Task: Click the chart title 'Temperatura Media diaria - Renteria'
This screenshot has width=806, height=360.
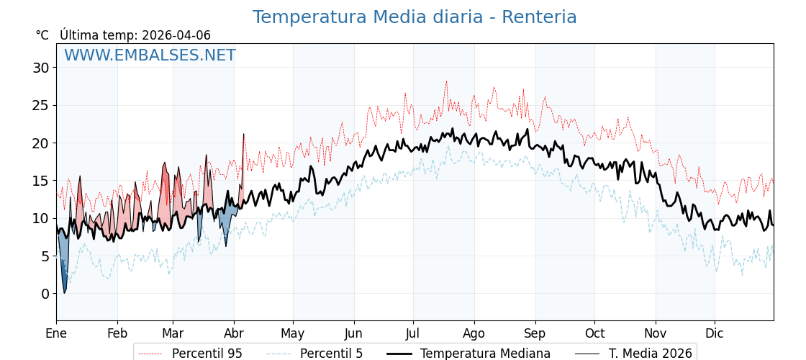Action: click(415, 17)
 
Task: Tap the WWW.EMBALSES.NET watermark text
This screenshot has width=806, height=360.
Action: click(150, 55)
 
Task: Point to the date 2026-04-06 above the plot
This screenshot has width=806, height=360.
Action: click(176, 35)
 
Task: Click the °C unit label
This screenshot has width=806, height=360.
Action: click(42, 35)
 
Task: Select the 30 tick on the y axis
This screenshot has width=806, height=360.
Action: click(40, 68)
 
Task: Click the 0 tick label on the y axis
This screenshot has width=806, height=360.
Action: click(45, 294)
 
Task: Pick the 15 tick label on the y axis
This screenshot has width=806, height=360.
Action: click(40, 181)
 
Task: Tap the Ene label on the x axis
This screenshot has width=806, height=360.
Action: click(56, 333)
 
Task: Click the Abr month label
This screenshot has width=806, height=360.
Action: click(234, 333)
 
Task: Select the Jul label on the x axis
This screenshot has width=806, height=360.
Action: click(413, 333)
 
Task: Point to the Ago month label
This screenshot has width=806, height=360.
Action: click(474, 333)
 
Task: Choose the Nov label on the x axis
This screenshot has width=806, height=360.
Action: click(656, 333)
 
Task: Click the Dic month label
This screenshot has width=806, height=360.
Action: click(715, 333)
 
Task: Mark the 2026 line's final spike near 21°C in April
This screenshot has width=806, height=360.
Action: click(243, 135)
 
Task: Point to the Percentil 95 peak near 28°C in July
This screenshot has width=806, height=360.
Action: click(446, 81)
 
